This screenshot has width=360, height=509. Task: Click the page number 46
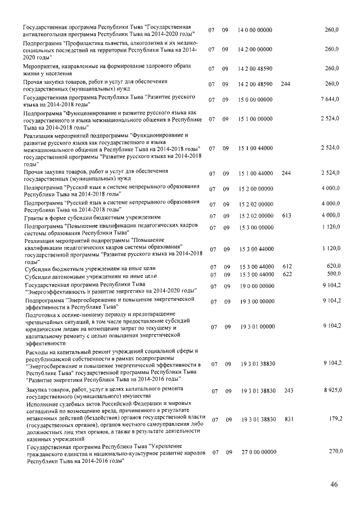pos(334,485)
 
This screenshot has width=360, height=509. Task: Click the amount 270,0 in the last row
pos(331,452)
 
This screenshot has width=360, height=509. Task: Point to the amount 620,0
pos(331,267)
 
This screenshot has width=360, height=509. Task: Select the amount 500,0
pos(331,275)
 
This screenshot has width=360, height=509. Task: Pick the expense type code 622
pos(286,275)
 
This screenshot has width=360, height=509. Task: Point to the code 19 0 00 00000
pos(255,287)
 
